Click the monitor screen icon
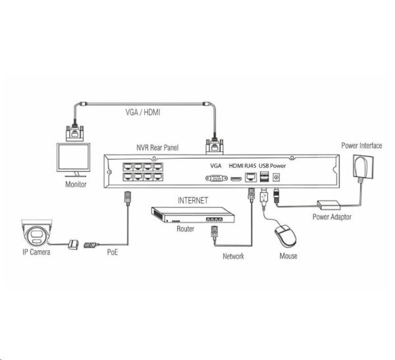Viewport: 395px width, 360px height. (73, 160)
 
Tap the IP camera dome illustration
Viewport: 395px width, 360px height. (37, 232)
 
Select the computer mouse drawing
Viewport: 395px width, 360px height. (286, 236)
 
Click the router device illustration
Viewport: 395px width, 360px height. (193, 215)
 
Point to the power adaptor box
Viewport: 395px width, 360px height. (329, 205)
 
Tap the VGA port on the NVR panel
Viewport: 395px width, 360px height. (217, 178)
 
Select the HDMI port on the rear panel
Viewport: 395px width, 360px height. (236, 178)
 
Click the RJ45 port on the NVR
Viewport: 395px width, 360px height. (251, 177)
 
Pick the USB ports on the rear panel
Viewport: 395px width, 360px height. (264, 176)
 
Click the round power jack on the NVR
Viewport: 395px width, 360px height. (276, 178)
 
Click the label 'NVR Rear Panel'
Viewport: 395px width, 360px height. (157, 147)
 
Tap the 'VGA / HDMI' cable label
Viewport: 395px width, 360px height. (143, 112)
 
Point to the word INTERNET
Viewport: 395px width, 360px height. (193, 201)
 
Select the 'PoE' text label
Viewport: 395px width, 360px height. (113, 252)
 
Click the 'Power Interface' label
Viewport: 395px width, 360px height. (361, 145)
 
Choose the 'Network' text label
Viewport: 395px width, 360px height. (233, 256)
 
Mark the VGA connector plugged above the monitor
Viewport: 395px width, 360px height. (74, 133)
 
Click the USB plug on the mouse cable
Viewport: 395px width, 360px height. (264, 197)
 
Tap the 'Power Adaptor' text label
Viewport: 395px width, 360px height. (332, 217)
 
